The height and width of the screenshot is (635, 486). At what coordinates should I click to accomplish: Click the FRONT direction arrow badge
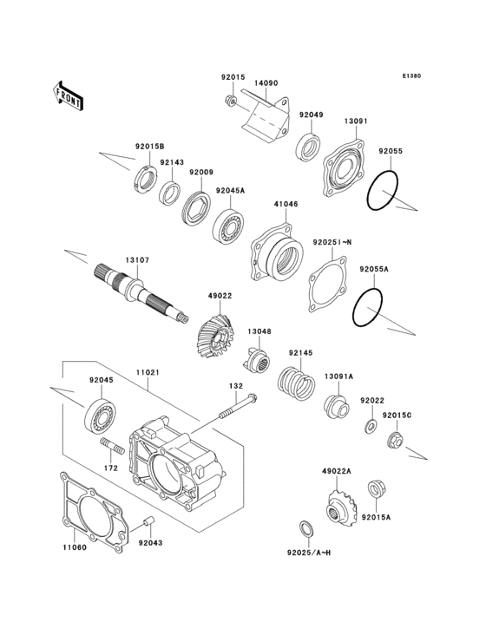[x=69, y=95]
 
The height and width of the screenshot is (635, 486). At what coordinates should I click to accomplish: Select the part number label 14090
[x=266, y=83]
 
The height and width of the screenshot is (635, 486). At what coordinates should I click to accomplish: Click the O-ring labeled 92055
[x=383, y=190]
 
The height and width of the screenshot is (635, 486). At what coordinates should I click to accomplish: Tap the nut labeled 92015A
[x=377, y=492]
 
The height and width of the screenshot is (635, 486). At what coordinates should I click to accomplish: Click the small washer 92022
[x=370, y=427]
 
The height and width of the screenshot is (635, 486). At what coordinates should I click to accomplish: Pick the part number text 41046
[x=286, y=205]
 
